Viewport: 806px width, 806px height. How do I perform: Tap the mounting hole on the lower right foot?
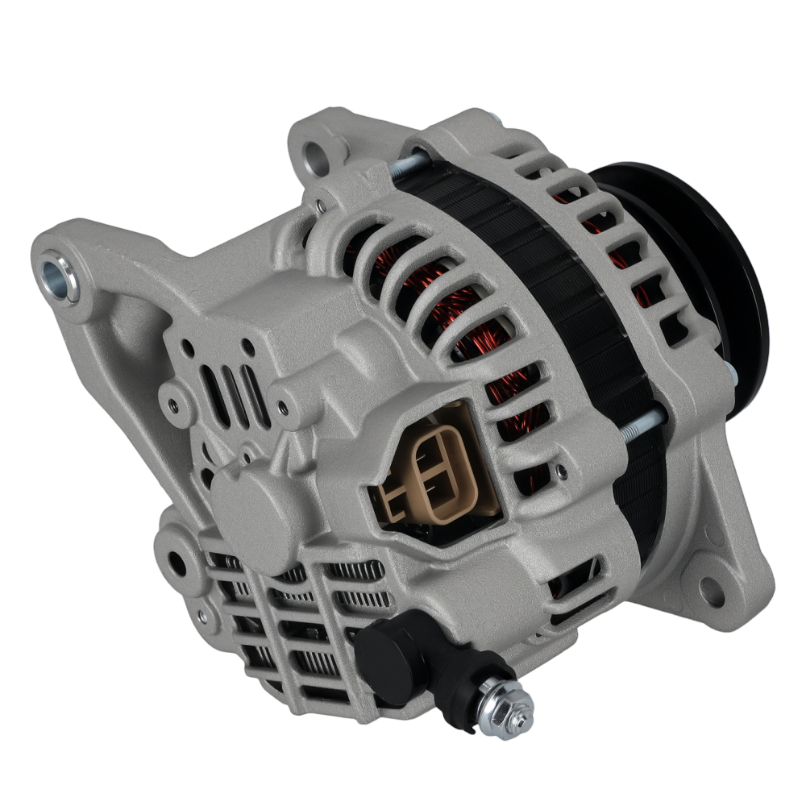(x=712, y=592)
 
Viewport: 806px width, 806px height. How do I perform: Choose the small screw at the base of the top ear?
(x=322, y=207)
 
